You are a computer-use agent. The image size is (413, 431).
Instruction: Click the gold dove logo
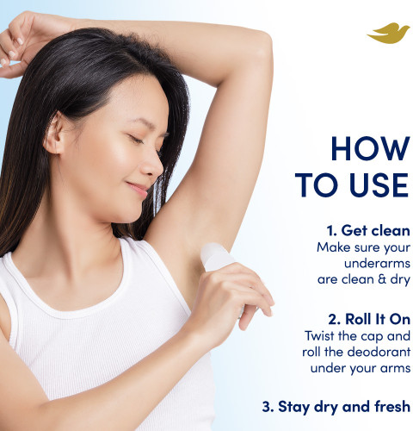[389, 34]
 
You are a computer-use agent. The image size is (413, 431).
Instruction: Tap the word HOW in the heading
[370, 148]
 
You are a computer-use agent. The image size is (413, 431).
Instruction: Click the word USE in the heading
[379, 184]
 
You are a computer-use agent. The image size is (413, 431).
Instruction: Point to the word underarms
[377, 263]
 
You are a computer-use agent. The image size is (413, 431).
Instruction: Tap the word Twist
[319, 335]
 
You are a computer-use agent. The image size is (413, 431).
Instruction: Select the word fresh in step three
[392, 406]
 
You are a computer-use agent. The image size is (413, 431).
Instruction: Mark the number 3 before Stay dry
[266, 407]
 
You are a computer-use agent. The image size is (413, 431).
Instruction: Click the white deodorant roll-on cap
[217, 256]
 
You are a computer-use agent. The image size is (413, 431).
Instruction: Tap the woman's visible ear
[54, 134]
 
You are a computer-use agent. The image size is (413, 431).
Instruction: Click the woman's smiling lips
[139, 189]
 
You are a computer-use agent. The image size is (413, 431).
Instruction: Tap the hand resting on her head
[17, 45]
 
